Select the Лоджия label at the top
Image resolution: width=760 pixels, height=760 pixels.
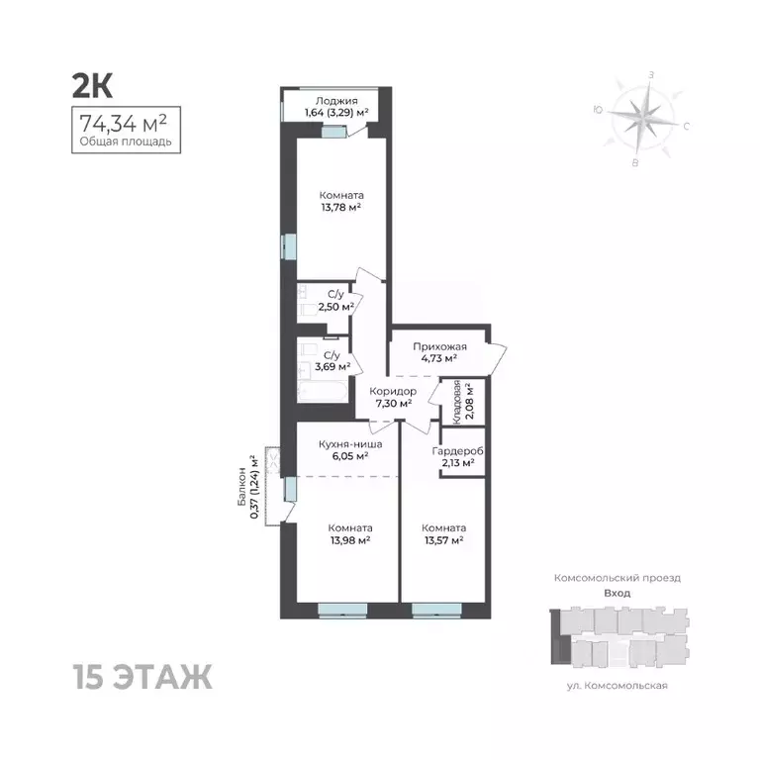335,100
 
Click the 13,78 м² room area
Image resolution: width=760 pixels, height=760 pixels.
339,207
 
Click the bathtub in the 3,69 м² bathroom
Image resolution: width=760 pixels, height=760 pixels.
324,392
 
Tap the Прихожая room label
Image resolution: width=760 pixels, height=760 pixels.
436,347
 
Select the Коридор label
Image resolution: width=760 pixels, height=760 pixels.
394,391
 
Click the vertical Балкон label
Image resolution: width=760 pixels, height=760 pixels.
242,487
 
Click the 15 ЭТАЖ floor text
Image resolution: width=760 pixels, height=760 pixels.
142,679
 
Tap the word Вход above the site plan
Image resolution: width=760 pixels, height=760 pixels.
617,593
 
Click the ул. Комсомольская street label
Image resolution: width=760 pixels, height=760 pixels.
617,685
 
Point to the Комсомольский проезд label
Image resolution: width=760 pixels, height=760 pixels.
617,576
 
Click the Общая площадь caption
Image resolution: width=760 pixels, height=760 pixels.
126,142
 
